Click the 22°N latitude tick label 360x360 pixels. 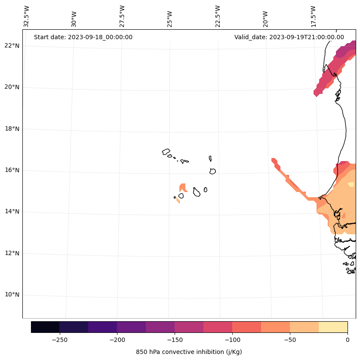12,46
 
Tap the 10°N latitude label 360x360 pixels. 12,295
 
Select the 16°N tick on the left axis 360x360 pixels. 12,170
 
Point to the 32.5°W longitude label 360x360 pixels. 27,16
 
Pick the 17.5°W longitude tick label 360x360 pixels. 313,16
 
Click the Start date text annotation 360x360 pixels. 83,37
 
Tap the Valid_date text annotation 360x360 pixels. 289,37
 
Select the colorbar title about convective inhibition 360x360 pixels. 189,352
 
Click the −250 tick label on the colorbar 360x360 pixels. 59,340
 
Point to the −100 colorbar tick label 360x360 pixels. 232,340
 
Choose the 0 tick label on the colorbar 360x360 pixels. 348,340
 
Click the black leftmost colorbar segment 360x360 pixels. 45,327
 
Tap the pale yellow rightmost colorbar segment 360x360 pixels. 333,327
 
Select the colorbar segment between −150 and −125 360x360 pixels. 189,327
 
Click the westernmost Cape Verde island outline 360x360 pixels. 166,152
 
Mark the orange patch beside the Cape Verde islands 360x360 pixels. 183,188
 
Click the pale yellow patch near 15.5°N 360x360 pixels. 351,184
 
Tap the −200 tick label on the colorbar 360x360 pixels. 117,340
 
